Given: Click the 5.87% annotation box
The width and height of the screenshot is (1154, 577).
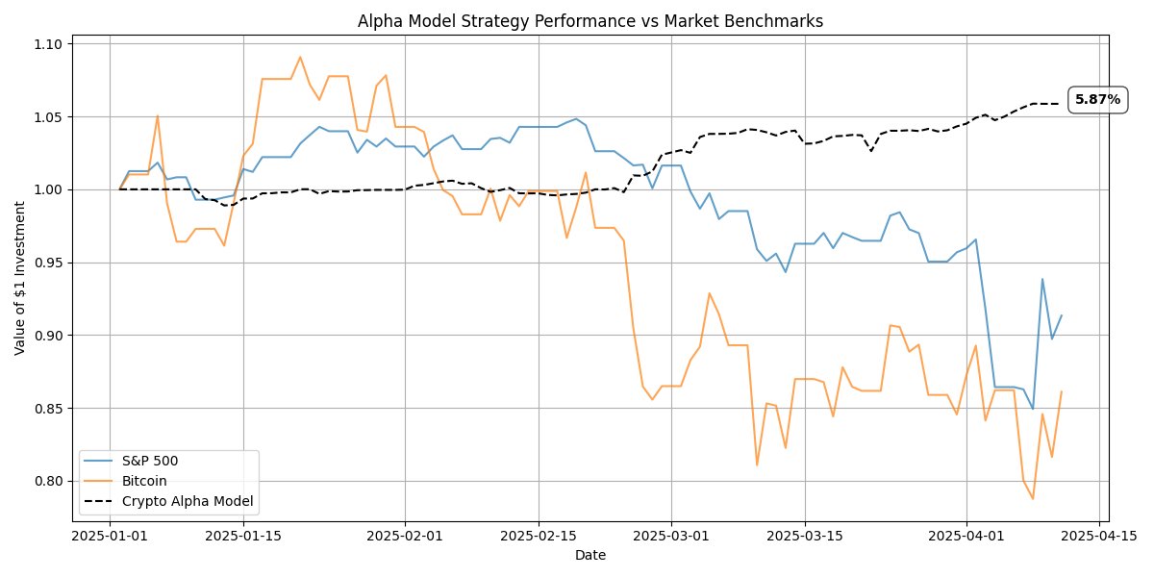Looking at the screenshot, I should coord(1097,100).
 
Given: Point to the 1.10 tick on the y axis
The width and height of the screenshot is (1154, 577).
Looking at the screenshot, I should coord(48,44).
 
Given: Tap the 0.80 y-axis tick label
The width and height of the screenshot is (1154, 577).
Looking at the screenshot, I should coord(48,481).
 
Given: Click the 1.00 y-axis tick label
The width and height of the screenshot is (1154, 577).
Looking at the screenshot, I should coord(48,189).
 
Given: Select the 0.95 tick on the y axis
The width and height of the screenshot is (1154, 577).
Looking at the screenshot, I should coord(48,263).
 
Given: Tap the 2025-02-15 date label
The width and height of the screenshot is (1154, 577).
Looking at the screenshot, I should coord(538,536).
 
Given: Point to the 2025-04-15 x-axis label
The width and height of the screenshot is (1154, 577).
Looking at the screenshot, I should coord(1099,536).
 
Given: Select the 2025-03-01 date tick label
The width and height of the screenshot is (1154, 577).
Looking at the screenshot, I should coord(671,536).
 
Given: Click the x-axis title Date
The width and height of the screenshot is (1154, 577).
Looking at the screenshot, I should coord(590,555).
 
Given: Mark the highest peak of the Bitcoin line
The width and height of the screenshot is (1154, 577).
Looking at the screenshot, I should coord(300,57).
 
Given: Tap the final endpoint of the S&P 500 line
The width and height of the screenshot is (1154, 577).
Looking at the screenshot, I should coord(1061,315).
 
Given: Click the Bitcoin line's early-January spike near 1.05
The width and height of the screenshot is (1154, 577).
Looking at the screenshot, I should coord(158,115).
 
